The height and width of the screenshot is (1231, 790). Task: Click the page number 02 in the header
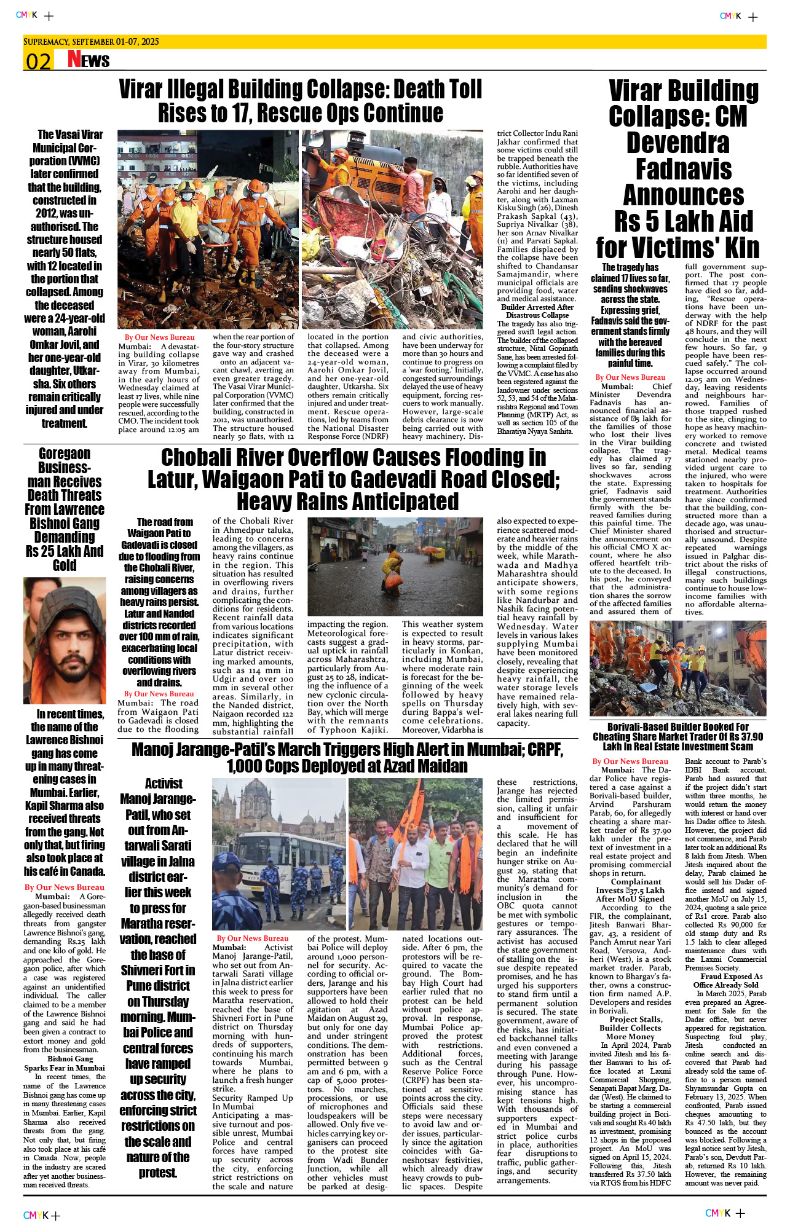(38, 61)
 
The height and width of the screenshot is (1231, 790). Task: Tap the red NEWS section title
(89, 60)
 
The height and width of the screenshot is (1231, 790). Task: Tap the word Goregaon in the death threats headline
(65, 454)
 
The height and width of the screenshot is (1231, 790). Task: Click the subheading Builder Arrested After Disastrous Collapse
(537, 311)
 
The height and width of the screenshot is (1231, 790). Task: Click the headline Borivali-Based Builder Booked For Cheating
(677, 736)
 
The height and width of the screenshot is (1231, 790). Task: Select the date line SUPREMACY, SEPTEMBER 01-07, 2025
(91, 42)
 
